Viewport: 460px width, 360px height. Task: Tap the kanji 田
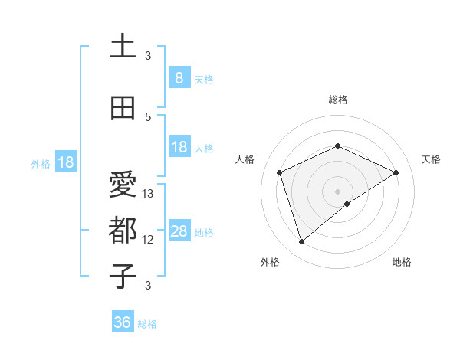123,108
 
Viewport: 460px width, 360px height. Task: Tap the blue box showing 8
179,78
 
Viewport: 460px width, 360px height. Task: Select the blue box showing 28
179,231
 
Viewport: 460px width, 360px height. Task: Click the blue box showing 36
122,322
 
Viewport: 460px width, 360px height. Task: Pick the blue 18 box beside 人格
179,147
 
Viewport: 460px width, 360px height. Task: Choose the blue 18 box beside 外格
66,162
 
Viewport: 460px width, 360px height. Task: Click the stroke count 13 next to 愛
149,194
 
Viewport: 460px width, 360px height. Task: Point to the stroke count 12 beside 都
149,240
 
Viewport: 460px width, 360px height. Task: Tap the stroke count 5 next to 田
149,116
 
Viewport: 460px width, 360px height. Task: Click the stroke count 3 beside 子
149,286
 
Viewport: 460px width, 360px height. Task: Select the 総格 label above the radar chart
337,100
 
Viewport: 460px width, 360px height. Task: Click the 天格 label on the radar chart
431,159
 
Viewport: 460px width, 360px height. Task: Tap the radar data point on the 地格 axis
347,204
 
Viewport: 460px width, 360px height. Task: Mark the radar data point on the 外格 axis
302,242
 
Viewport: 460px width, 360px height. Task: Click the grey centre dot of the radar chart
337,191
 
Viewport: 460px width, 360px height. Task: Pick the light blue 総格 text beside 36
147,324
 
